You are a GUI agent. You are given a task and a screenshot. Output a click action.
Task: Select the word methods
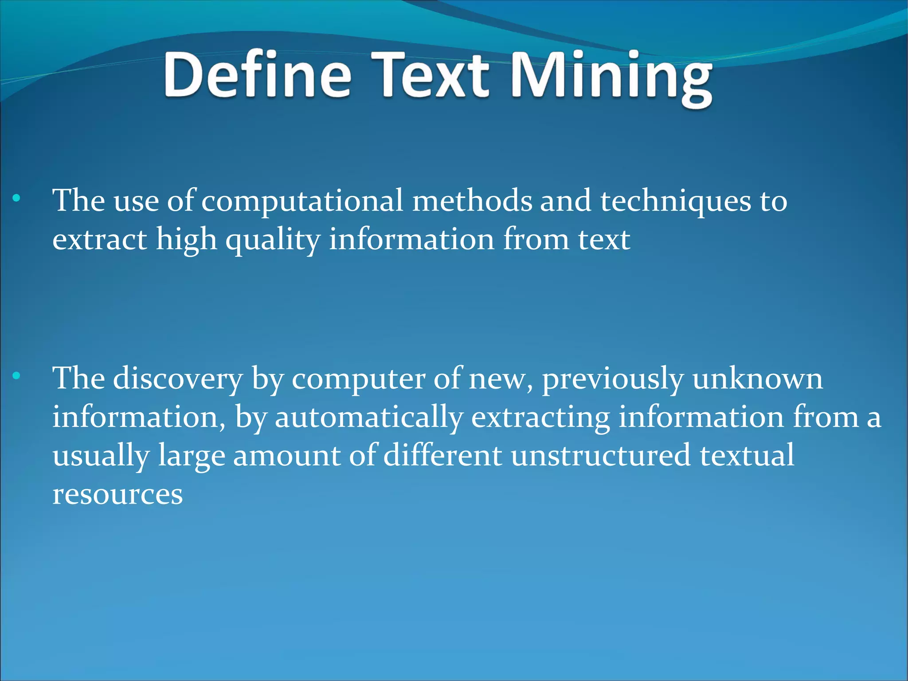[x=472, y=201]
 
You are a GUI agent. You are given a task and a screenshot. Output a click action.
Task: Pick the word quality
[x=273, y=241]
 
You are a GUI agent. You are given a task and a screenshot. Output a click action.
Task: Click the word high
[x=186, y=241]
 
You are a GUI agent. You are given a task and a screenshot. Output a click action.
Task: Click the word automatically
[x=369, y=418]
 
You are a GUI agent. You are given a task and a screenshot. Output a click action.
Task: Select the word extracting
[x=540, y=418]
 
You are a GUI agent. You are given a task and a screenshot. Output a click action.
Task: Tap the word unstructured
[x=601, y=456]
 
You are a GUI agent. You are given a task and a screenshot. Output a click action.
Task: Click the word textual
[x=748, y=456]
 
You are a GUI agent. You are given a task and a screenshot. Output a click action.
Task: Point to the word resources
[x=117, y=495]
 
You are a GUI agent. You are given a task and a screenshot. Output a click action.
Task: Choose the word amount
[x=287, y=457]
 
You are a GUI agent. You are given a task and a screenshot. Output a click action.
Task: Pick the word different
[x=442, y=456]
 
